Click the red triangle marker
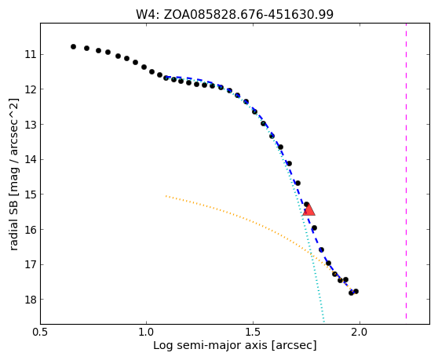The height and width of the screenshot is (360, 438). pyautogui.click(x=308, y=209)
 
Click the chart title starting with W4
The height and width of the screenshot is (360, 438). pyautogui.click(x=235, y=14)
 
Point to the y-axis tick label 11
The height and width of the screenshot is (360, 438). pyautogui.click(x=31, y=54)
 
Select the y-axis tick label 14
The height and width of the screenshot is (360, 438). pyautogui.click(x=31, y=160)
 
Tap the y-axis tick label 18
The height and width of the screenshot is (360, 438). pyautogui.click(x=31, y=300)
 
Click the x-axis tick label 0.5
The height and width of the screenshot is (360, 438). pyautogui.click(x=41, y=333)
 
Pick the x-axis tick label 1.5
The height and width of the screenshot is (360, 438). pyautogui.click(x=253, y=333)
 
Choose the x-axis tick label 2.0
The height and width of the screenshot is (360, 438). pyautogui.click(x=360, y=333)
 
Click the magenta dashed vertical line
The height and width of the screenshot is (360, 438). pyautogui.click(x=406, y=171)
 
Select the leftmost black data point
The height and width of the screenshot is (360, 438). pyautogui.click(x=73, y=46)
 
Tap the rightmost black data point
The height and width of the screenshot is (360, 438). pyautogui.click(x=356, y=291)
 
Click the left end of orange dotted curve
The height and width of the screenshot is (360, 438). pyautogui.click(x=166, y=196)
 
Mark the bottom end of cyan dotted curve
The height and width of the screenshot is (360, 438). pyautogui.click(x=323, y=322)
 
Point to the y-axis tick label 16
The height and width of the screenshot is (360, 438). pyautogui.click(x=31, y=230)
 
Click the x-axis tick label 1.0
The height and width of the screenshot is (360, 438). pyautogui.click(x=146, y=333)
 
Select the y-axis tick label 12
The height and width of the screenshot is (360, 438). pyautogui.click(x=31, y=89)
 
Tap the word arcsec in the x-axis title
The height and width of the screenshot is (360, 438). pyautogui.click(x=294, y=345)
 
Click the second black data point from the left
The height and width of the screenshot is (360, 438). pyautogui.click(x=86, y=49)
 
